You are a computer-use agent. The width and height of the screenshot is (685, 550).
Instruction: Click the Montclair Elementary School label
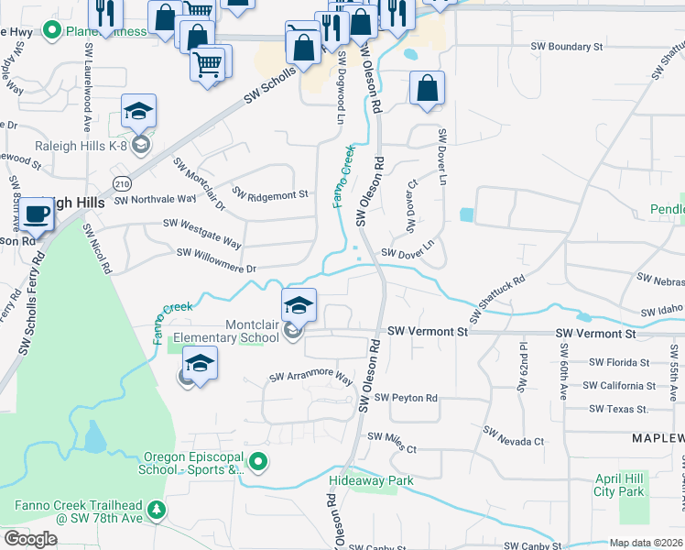(x=226, y=331)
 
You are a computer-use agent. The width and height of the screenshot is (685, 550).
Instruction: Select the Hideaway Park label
(x=371, y=480)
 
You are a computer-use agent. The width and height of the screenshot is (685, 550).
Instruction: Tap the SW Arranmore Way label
(x=310, y=378)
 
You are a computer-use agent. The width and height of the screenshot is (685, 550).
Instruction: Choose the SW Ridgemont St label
(x=272, y=194)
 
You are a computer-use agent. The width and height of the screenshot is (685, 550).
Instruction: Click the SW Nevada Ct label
(x=513, y=436)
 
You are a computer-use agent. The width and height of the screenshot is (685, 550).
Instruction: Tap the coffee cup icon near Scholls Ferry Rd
(x=38, y=214)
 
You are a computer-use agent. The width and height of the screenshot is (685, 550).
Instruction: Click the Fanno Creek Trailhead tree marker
(x=158, y=510)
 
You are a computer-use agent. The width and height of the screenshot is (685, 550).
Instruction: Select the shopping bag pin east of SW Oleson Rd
(x=427, y=89)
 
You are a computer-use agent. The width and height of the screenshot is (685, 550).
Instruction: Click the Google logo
(x=30, y=539)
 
